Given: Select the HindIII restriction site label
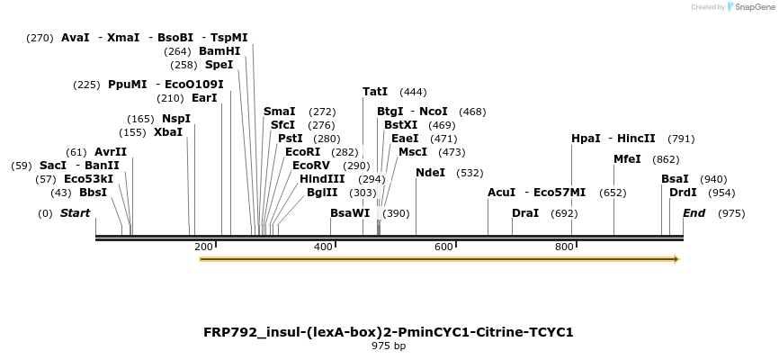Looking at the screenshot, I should (322, 179).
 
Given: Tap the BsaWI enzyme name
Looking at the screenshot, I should (350, 213).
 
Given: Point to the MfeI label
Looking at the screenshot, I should (627, 159).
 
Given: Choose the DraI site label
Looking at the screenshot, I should (525, 213).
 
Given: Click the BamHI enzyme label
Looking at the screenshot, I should (219, 51).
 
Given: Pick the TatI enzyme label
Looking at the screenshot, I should (375, 92).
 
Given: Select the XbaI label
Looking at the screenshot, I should (168, 132).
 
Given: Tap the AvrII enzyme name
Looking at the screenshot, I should (111, 152).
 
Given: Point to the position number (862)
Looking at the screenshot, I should (666, 159).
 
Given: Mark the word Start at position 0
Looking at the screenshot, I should (75, 213).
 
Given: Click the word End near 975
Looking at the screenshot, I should (694, 213).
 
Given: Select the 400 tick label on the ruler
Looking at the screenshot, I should (323, 247).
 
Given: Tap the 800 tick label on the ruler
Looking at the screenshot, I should (564, 247).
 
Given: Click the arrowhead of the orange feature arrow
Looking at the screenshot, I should (676, 259).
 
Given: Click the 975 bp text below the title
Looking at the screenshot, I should (389, 346).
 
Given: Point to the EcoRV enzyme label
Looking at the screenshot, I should (311, 166).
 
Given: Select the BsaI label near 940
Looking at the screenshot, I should (675, 179).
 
